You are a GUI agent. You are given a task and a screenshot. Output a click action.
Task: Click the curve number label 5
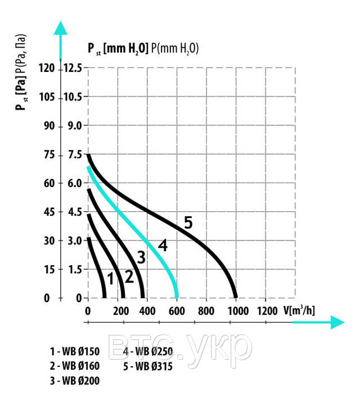pyautogui.click(x=188, y=223)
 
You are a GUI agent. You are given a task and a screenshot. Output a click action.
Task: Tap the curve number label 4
pyautogui.click(x=163, y=246)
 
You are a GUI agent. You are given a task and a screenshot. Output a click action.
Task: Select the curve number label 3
pyautogui.click(x=141, y=258)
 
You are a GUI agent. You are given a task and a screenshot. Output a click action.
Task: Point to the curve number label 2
pyautogui.click(x=128, y=276)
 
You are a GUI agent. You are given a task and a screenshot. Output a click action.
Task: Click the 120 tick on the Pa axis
pyautogui.click(x=51, y=68)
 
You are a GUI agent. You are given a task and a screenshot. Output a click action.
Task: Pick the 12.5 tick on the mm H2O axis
pyautogui.click(x=72, y=68)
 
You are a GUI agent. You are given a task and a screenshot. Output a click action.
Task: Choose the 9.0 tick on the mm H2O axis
pyautogui.click(x=75, y=126)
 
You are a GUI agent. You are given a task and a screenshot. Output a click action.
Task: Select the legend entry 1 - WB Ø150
pyautogui.click(x=74, y=352)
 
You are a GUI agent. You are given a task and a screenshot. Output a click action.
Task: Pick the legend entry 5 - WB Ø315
pyautogui.click(x=147, y=367)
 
